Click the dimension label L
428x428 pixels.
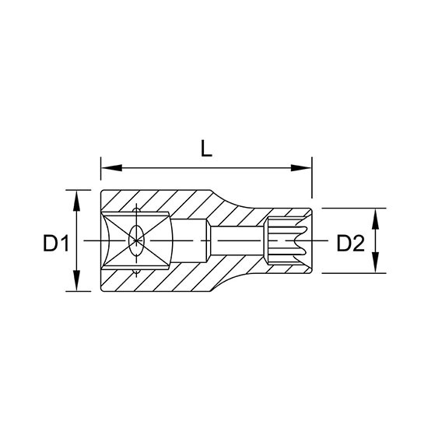point(206,149)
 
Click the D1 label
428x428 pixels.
point(56,244)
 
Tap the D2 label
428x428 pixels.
point(350,244)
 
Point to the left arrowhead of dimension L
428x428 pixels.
point(111,168)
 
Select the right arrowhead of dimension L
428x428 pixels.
point(301,168)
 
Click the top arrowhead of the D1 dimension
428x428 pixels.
point(77,201)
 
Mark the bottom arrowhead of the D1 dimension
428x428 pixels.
point(77,280)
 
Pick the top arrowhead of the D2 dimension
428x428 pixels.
point(376,219)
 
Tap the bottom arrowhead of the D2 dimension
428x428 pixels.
point(376,262)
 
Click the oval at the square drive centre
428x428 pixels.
point(136,240)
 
